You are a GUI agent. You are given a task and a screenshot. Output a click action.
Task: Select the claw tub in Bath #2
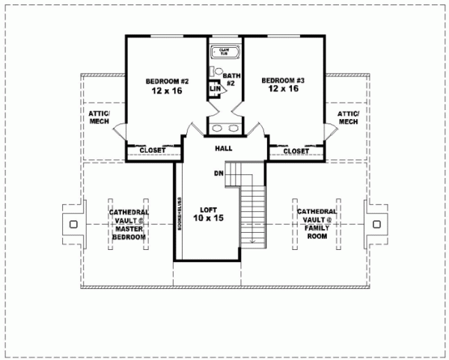coord(224,52)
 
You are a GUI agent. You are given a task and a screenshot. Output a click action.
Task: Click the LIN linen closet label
coord(215,89)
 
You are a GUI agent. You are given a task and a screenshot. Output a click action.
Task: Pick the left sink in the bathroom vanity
coord(215,128)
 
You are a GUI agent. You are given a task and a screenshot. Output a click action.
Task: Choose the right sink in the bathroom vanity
coord(234,128)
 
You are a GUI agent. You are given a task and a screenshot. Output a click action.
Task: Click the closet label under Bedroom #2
coord(153,150)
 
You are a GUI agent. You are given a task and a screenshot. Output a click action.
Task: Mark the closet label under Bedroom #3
coord(296,150)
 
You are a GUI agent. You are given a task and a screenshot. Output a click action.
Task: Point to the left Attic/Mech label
coord(99,117)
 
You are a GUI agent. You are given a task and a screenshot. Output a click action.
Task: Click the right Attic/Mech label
coord(349,117)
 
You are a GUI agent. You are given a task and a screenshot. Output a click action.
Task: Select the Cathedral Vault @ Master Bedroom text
coord(129,224)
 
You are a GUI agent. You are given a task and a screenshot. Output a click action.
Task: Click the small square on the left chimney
coord(73,224)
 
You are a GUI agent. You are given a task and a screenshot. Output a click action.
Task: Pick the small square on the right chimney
coord(376,223)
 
